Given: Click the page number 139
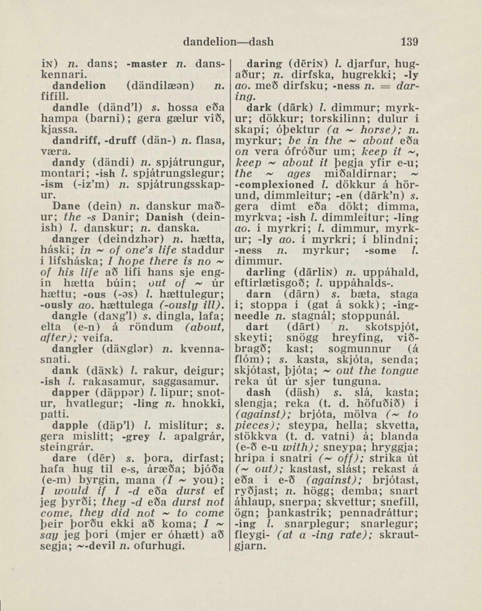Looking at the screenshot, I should coord(408,43).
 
